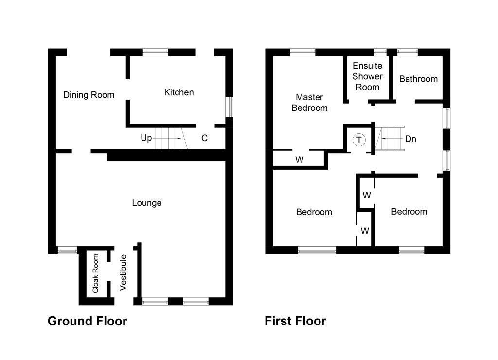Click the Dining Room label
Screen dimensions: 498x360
coord(89,95)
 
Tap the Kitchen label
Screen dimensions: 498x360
coord(179,92)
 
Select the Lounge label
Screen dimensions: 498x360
coord(147,203)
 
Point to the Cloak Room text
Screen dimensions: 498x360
coord(95,274)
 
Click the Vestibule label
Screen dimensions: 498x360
coord(124,273)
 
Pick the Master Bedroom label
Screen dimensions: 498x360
coord(309,103)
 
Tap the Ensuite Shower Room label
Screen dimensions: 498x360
coord(367,76)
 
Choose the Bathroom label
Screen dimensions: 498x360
coord(418,79)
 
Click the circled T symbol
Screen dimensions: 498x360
coord(359,140)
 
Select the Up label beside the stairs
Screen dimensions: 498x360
coord(146,138)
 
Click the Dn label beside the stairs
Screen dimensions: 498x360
coord(410,139)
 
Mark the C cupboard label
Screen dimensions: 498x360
coord(205,138)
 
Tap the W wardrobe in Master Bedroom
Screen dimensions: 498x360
coord(300,159)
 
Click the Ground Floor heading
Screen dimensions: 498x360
coord(88,321)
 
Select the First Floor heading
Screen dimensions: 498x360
coord(295,321)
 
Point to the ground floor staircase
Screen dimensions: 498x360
coord(168,138)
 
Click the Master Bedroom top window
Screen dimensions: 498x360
coord(302,52)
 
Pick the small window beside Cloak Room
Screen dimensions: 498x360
coord(67,251)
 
